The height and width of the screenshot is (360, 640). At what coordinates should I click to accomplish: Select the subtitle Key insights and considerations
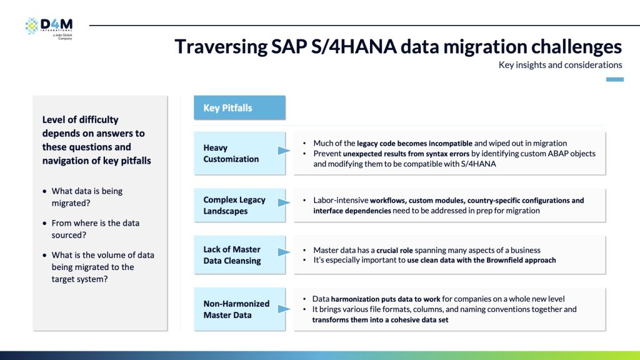[560, 65]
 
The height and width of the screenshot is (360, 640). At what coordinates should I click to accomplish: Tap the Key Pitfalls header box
[239, 107]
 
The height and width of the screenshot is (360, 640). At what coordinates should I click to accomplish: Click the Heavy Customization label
[231, 153]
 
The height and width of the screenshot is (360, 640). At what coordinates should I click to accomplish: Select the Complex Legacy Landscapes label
[234, 206]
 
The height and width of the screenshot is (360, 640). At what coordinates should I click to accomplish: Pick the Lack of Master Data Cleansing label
[232, 255]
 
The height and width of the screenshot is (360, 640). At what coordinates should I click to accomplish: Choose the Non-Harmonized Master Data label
[236, 309]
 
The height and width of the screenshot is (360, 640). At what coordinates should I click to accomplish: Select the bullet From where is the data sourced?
[96, 229]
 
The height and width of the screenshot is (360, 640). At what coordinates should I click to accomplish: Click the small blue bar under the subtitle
[615, 79]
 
